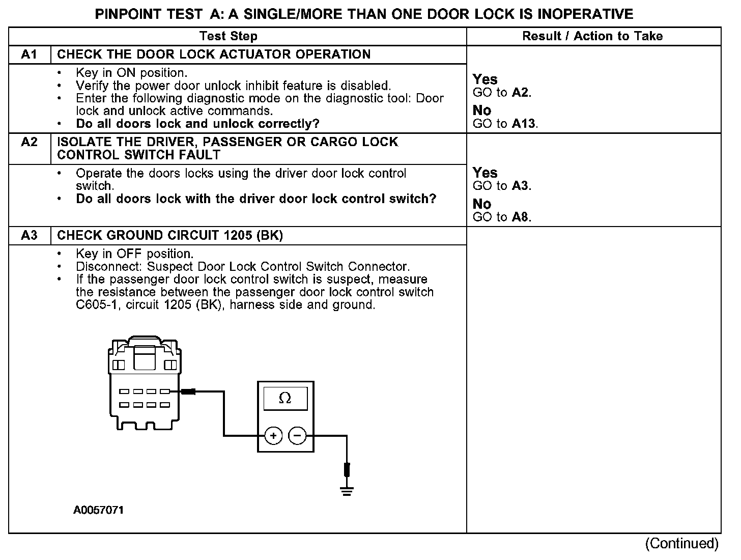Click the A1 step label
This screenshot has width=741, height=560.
pos(29,54)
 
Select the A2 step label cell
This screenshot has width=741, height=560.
pos(29,142)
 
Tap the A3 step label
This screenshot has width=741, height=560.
pos(29,235)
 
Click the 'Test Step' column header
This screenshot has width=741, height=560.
pos(229,36)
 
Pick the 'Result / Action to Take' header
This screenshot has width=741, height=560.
pos(592,36)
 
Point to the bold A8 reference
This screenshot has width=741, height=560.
pos(521,217)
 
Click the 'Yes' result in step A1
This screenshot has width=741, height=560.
pos(485,79)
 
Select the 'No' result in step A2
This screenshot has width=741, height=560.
pos(482,204)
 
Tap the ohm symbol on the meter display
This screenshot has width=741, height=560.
pos(285,398)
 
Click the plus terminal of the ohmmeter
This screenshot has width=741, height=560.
pos(273,436)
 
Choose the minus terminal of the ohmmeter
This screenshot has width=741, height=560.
pos(297,436)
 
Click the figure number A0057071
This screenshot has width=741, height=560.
pos(98,510)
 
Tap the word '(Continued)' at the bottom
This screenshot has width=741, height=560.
pos(681,544)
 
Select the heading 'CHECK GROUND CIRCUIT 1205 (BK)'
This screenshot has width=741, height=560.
pos(170,235)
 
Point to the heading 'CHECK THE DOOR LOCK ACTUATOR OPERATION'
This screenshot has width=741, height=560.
pos(214,54)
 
